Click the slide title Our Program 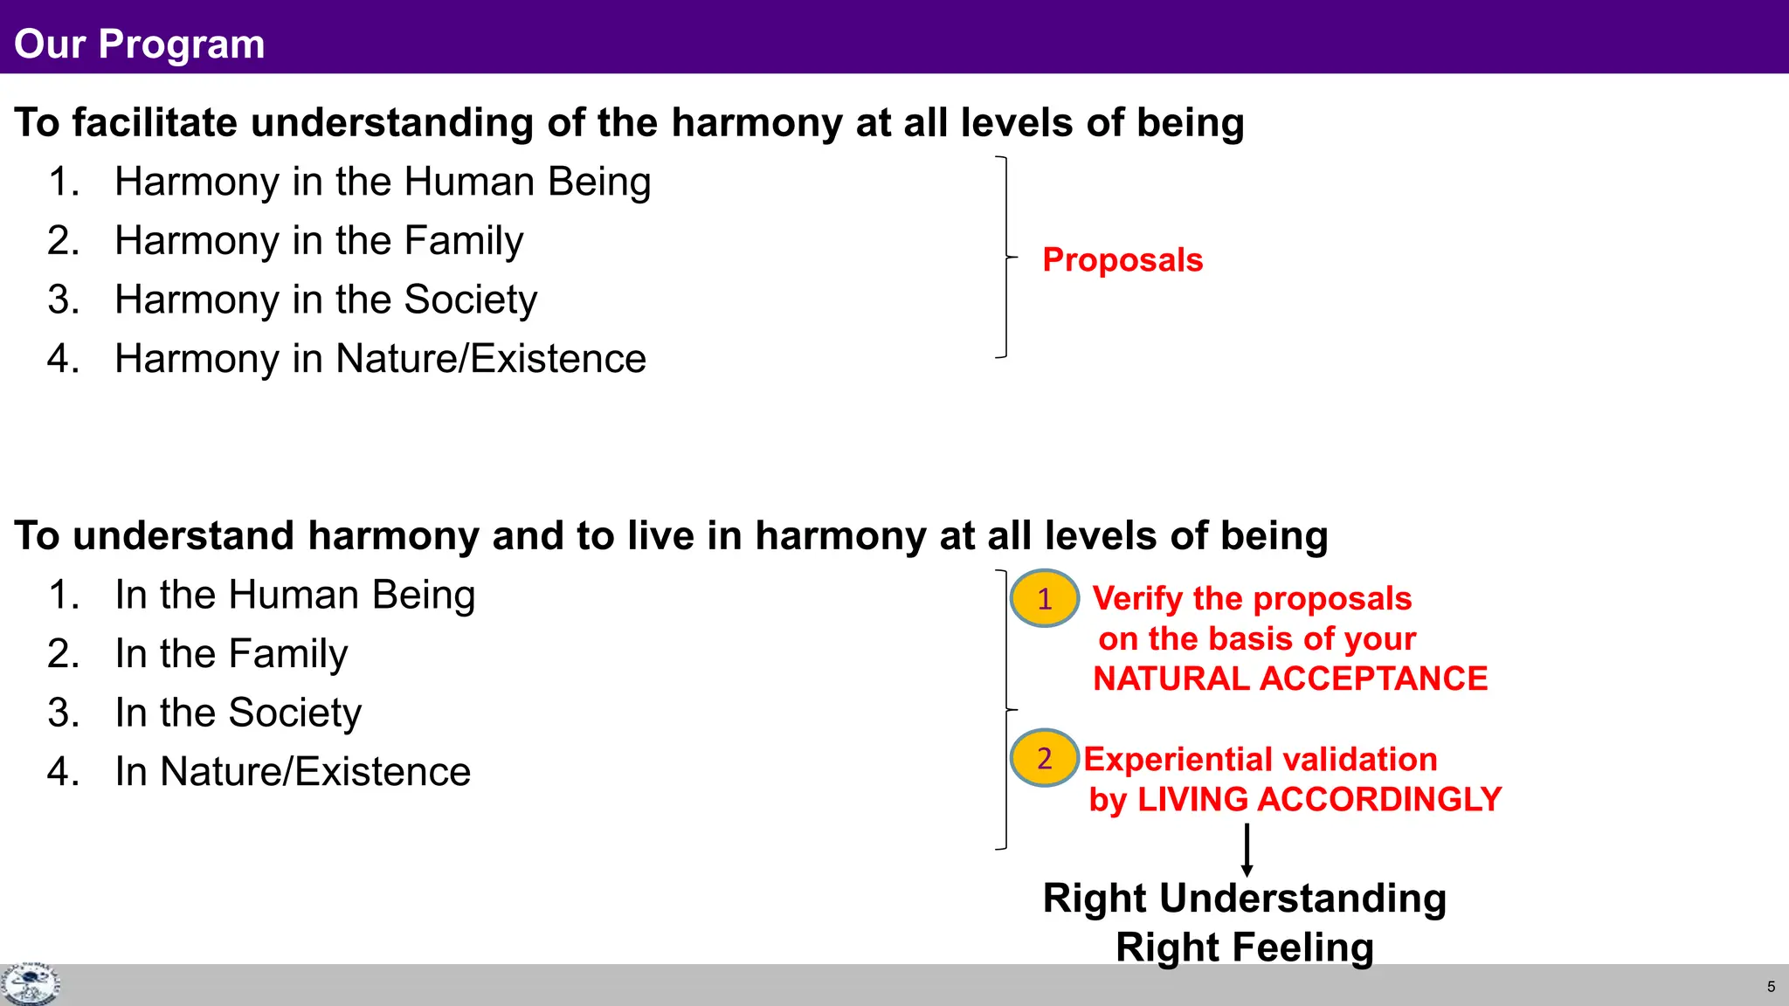point(139,44)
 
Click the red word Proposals point(1122,260)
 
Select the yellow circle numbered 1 point(1044,598)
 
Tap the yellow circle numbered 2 point(1044,758)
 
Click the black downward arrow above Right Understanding point(1247,850)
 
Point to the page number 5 point(1771,987)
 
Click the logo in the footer point(30,984)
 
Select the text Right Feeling point(1245,947)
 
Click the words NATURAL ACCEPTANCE point(1290,679)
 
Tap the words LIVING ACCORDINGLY point(1319,799)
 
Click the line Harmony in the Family point(319,240)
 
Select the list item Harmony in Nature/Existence point(380,359)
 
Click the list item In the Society point(238,713)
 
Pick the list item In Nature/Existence point(293,772)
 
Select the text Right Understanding point(1245,898)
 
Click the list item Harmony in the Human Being point(383,182)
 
